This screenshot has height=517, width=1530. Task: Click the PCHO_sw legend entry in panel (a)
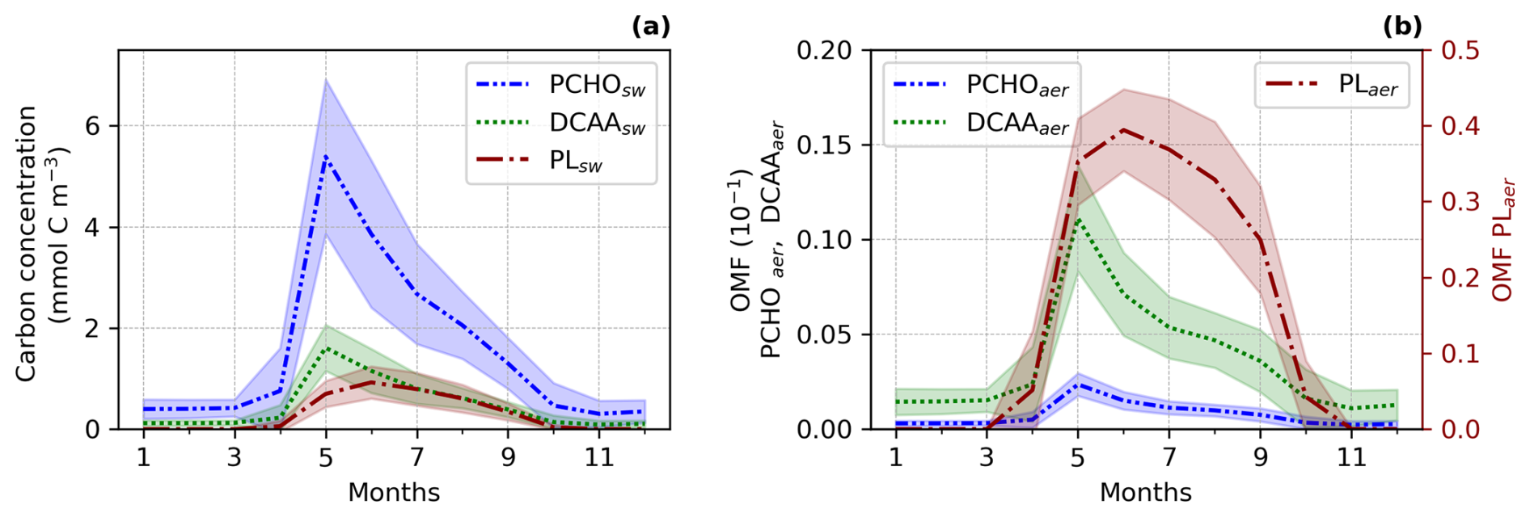597,85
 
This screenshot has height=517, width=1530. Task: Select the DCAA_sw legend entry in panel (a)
597,123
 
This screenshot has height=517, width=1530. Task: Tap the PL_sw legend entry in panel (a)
575,160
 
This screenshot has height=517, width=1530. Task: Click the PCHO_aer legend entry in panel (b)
1016,85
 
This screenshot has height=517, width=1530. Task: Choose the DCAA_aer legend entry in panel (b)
1016,123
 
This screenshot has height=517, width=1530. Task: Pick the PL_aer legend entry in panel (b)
1367,85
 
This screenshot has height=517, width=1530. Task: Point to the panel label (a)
651,27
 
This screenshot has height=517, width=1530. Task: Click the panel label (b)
1402,27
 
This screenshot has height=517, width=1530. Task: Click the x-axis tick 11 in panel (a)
598,458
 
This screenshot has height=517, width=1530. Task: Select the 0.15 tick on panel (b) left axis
824,145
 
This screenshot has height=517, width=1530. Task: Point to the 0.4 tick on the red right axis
1461,126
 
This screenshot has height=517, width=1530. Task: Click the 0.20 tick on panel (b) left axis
824,51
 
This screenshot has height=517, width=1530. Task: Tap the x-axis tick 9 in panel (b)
1260,458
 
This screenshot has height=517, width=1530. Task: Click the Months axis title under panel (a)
394,492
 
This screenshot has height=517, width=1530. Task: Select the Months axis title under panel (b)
1145,492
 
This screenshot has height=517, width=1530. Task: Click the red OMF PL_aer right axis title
1503,240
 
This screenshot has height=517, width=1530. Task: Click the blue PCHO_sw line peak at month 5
325,156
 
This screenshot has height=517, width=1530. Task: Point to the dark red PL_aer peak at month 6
1123,129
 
